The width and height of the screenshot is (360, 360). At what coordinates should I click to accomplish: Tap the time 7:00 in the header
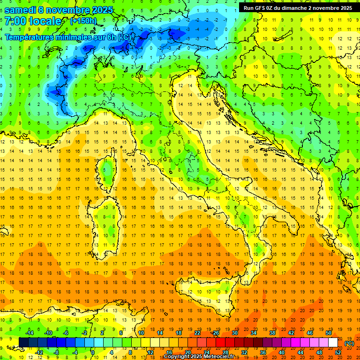[x=15, y=22]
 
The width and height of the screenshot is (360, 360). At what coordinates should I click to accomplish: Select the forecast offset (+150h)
[x=83, y=21]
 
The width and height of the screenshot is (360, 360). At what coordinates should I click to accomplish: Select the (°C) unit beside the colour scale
[x=349, y=343]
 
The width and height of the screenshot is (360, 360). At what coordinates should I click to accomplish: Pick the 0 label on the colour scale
[x=93, y=352]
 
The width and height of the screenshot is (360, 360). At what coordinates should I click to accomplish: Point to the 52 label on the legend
[x=338, y=352]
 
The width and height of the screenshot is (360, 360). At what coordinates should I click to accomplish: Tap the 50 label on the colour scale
[x=329, y=333]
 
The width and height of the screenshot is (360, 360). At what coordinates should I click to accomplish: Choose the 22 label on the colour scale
[x=197, y=333]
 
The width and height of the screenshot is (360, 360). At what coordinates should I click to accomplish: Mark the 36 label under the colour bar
[x=263, y=352]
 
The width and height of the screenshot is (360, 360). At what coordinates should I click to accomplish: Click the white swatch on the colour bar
[x=333, y=343]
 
